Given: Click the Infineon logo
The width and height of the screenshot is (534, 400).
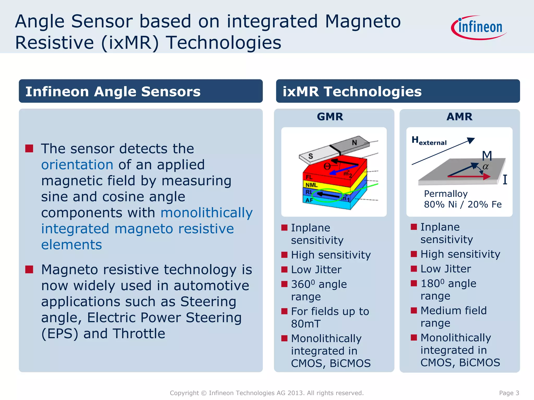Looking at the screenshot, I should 479,28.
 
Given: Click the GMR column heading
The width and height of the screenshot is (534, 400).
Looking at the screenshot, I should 330,117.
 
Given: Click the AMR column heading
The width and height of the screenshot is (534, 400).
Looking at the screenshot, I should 459,117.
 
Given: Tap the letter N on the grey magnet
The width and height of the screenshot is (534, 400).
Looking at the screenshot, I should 354,142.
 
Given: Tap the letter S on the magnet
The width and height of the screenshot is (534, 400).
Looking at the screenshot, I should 311,156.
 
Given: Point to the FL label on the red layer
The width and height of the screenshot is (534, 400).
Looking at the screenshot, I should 309,177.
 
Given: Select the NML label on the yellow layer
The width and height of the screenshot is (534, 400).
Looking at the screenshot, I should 312,185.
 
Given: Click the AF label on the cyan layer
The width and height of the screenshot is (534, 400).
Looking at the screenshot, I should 309,200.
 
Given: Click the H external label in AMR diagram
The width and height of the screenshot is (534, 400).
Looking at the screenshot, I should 429,141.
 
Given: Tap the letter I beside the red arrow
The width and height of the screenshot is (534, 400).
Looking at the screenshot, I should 505,180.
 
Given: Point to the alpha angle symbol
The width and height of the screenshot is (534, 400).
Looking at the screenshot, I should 486,167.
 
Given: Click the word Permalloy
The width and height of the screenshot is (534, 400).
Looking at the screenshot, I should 446,194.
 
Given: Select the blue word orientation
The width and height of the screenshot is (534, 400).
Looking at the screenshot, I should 77,165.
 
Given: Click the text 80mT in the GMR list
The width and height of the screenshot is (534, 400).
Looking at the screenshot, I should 306,324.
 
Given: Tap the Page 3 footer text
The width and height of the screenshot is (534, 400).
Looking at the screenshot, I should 509,393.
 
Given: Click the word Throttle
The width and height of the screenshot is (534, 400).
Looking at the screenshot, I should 139,334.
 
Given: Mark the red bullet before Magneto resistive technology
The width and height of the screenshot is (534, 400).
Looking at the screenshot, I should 29,270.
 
